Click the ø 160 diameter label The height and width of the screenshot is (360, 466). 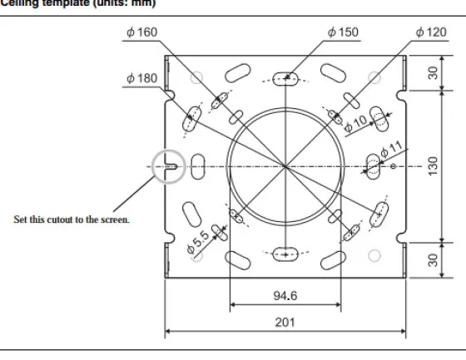click(x=141, y=32)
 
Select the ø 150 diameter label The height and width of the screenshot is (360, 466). click(x=343, y=32)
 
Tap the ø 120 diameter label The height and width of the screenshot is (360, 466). click(x=431, y=32)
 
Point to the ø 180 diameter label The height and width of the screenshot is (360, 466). click(x=141, y=78)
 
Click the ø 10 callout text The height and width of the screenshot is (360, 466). click(x=355, y=123)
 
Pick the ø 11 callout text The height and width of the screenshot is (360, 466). click(x=392, y=149)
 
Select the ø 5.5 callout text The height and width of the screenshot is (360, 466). click(x=198, y=243)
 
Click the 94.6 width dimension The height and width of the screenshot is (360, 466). click(x=285, y=295)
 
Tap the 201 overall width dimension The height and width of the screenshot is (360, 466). click(x=285, y=323)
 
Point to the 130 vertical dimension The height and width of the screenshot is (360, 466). click(x=433, y=166)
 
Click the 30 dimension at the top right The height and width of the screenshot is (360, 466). click(x=433, y=73)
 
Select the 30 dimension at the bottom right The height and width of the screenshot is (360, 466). click(x=433, y=260)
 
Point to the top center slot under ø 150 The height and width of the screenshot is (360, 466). click(x=285, y=79)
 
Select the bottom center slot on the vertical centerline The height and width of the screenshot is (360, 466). click(x=285, y=254)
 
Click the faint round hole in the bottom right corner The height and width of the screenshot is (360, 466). click(x=374, y=255)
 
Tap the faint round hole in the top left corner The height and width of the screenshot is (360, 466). click(x=196, y=78)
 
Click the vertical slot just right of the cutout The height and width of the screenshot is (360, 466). click(x=198, y=166)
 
